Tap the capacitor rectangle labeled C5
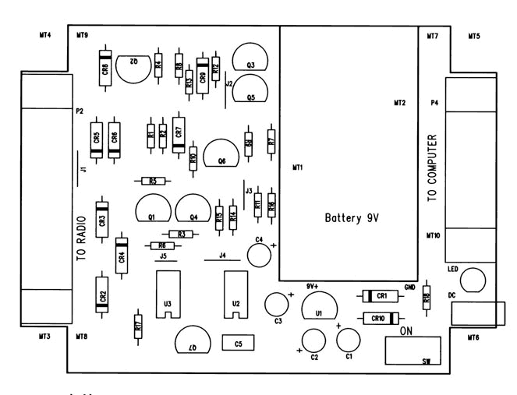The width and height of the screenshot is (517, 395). click(238, 343)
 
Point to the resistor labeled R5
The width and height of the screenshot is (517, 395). click(152, 181)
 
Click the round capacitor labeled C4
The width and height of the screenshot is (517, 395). click(258, 254)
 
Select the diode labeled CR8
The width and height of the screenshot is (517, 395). click(105, 69)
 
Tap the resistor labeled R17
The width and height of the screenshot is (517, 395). click(138, 327)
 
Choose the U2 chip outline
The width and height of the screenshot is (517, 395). click(235, 294)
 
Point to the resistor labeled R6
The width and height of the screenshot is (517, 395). click(161, 245)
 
